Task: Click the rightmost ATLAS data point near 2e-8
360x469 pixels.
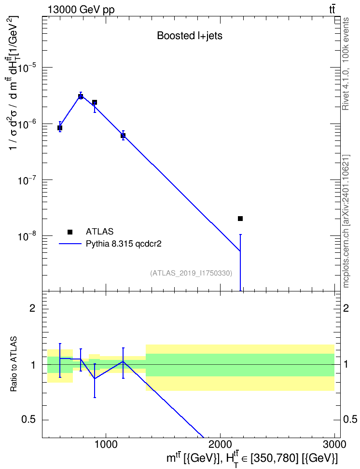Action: point(240,219)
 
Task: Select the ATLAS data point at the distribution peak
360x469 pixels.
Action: point(81,97)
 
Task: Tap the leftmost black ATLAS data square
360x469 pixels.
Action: point(60,128)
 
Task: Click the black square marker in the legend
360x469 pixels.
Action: point(70,232)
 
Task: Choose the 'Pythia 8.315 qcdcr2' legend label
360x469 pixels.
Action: point(124,244)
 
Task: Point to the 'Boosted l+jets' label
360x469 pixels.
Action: point(190,36)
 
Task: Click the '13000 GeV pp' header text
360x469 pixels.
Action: point(81,10)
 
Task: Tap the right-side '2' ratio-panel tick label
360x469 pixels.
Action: point(346,308)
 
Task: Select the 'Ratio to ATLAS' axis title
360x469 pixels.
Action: point(14,364)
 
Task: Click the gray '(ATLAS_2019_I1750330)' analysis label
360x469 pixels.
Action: point(191,273)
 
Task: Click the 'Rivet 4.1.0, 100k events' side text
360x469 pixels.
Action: point(346,64)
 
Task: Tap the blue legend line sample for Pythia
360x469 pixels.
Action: point(70,244)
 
